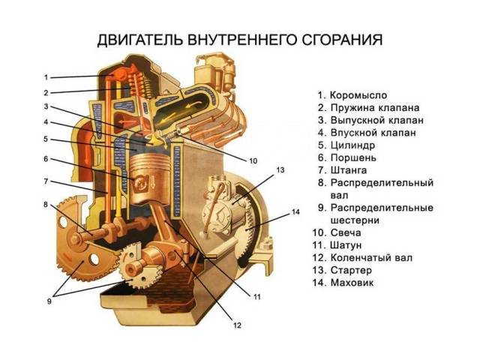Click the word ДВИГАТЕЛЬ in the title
(x=140, y=40)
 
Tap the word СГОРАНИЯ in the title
(x=342, y=40)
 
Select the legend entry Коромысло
(x=358, y=95)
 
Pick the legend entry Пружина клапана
(x=375, y=108)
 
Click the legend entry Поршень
(x=353, y=157)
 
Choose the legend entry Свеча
(x=346, y=232)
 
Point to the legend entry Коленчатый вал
(x=371, y=258)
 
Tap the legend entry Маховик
(x=352, y=283)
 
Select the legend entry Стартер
(x=351, y=270)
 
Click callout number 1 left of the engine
(x=46, y=77)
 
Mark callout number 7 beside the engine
(x=46, y=181)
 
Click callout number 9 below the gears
(x=49, y=301)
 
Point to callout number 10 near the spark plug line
(x=253, y=161)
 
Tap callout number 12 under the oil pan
(x=238, y=325)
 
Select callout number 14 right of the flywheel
(x=295, y=211)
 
